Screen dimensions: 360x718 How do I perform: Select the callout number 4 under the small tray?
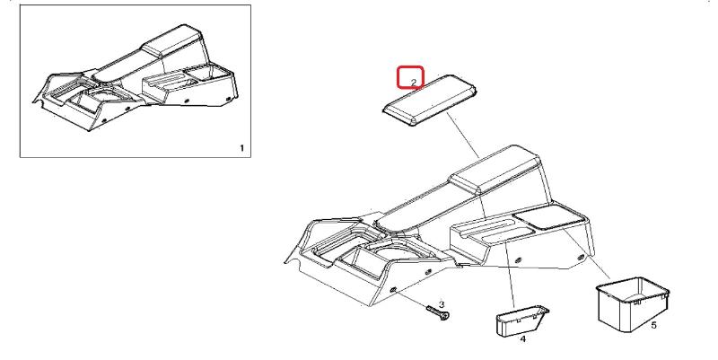click(523, 340)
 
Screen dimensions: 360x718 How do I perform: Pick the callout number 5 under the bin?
click(653, 325)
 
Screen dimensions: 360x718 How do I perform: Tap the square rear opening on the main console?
click(552, 215)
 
